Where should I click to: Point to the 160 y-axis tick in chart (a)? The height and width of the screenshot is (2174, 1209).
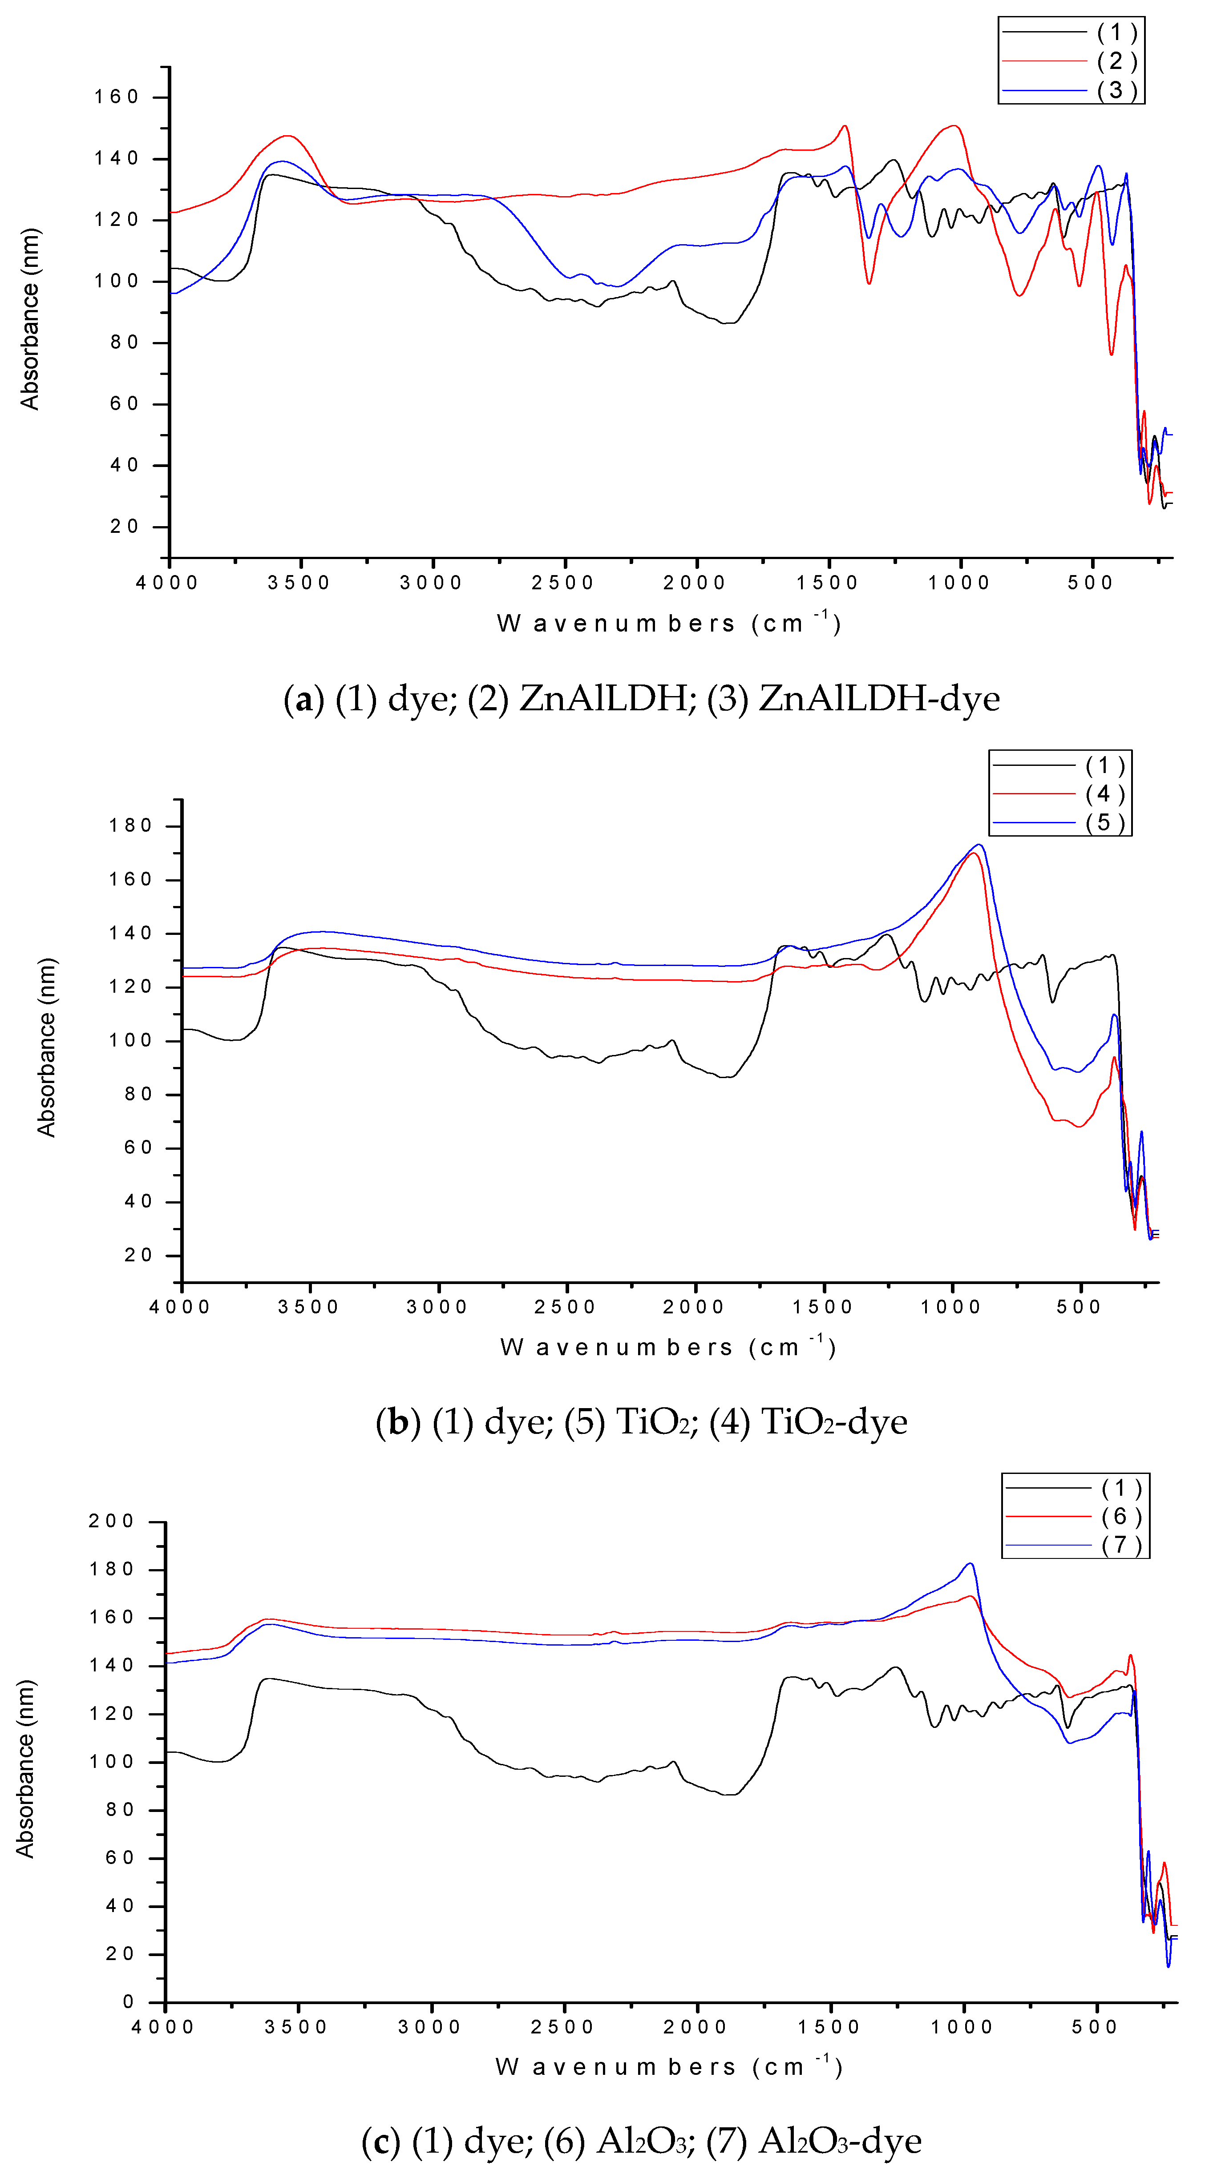(117, 97)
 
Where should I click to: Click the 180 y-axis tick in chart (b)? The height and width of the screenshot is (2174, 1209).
(131, 825)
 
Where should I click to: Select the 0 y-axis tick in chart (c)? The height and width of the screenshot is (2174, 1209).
(128, 2002)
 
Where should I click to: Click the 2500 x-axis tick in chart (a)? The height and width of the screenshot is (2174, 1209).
(563, 582)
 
